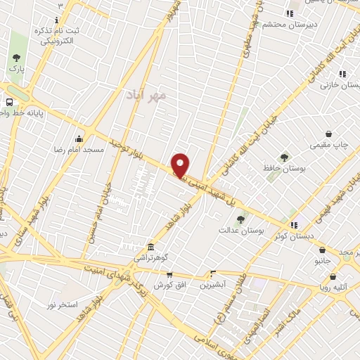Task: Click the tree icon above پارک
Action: (16, 58)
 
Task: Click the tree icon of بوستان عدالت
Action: (240, 219)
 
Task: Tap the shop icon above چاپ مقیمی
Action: (328, 134)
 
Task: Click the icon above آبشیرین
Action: (213, 273)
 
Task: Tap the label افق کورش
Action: (164, 285)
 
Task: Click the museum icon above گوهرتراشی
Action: (151, 247)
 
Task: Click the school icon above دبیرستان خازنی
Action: (342, 73)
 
